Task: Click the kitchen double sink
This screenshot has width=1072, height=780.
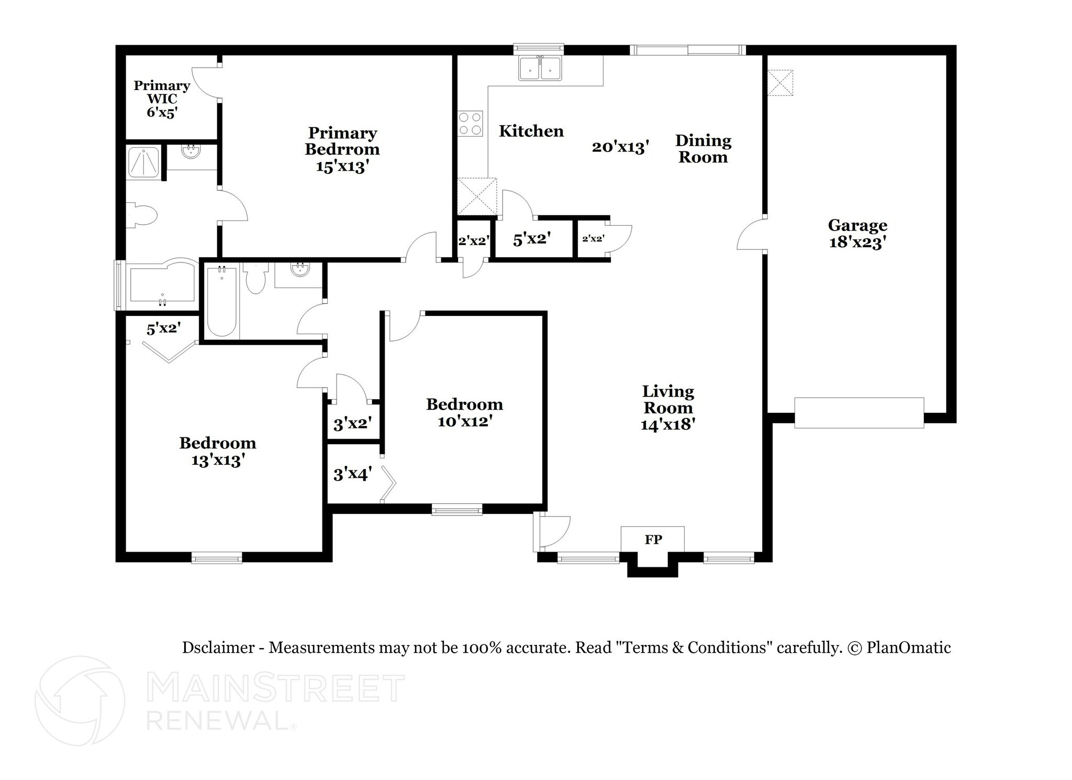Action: point(540,69)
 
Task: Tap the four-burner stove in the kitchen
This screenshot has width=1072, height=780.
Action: point(470,124)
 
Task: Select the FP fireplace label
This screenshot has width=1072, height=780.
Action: point(653,540)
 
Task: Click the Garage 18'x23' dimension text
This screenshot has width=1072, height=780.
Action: point(857,243)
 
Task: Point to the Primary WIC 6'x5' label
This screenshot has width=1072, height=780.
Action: point(162,99)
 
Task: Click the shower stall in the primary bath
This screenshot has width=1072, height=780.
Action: point(143,162)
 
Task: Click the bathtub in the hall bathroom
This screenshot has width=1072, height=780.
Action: point(221,302)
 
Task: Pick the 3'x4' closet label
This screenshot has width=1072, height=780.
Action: point(352,474)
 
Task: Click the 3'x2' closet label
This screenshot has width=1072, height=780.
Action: point(352,423)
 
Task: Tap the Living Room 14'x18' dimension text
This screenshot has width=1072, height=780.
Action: point(667,424)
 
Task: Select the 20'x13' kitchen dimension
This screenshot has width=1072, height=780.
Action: point(620,147)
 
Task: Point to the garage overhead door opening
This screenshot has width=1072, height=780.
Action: point(858,413)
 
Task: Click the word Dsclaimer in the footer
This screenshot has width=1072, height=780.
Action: point(218,648)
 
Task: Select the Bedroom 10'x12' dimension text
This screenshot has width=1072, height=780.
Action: point(464,421)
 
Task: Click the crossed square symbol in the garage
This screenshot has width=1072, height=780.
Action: point(780,83)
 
